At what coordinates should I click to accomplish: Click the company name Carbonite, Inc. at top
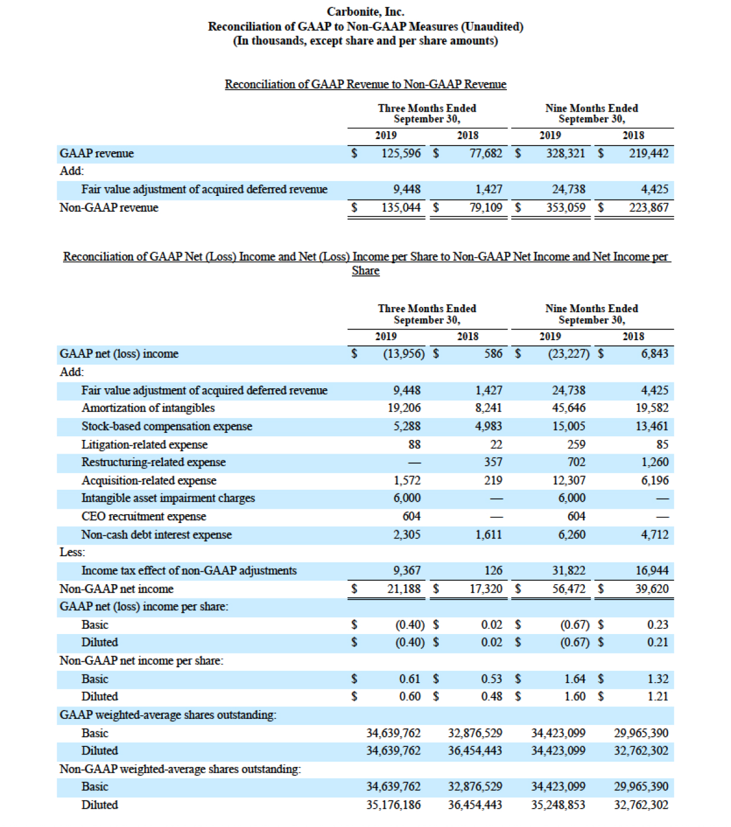click(365, 12)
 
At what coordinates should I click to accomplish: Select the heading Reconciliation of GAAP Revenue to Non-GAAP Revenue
click(365, 84)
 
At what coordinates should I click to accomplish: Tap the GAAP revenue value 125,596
click(401, 154)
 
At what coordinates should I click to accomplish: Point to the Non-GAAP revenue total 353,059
click(566, 208)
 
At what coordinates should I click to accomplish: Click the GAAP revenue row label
click(96, 154)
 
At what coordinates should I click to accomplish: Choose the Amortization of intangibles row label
click(148, 408)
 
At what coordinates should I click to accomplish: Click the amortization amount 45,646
click(569, 408)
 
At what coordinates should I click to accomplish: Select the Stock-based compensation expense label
click(166, 426)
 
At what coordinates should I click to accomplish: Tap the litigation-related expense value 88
click(414, 445)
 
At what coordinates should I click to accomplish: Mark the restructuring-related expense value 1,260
click(654, 462)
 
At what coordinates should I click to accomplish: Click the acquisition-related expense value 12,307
click(569, 480)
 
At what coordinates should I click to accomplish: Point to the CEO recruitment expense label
click(144, 517)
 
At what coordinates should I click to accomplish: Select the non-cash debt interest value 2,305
click(407, 535)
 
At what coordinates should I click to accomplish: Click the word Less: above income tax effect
click(72, 552)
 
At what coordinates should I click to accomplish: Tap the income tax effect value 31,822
click(569, 571)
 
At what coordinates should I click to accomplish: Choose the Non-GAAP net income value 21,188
click(404, 589)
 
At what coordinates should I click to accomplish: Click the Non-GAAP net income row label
click(116, 589)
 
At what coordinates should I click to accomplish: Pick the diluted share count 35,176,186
click(393, 805)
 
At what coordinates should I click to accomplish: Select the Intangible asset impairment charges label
click(168, 498)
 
